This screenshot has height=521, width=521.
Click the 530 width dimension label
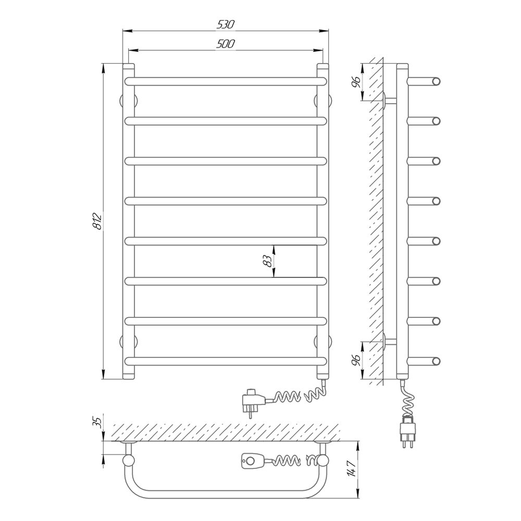[226, 24]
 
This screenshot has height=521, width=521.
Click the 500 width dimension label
[226, 44]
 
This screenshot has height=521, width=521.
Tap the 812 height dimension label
[98, 221]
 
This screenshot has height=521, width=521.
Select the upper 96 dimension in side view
[356, 82]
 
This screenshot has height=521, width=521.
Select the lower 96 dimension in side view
[356, 360]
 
